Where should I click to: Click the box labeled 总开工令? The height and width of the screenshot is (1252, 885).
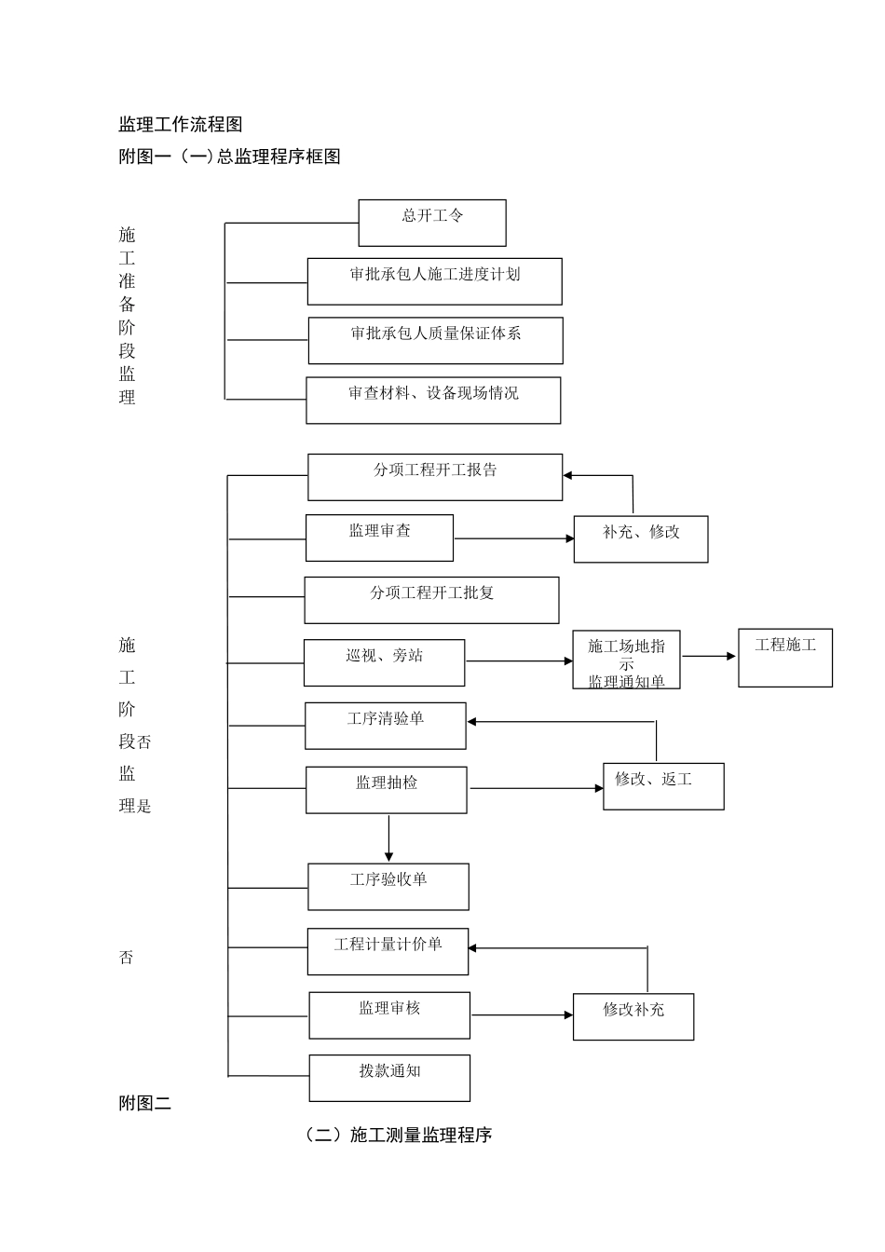click(x=432, y=223)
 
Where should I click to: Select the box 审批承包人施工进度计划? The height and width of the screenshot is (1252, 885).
click(x=435, y=281)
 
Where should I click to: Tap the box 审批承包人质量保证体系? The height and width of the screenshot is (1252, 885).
click(x=435, y=340)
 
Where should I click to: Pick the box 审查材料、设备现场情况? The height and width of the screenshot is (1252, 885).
click(x=433, y=401)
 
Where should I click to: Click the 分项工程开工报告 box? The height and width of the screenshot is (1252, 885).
click(x=435, y=477)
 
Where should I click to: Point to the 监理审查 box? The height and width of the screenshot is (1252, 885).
click(x=379, y=538)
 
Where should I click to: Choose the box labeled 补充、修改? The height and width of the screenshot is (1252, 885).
click(x=641, y=538)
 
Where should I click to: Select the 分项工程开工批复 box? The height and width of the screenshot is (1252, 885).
click(x=431, y=600)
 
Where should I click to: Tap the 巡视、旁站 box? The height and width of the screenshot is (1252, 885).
click(x=384, y=662)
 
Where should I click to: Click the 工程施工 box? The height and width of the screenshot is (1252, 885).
click(x=785, y=658)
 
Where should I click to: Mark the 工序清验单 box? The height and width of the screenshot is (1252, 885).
click(x=386, y=726)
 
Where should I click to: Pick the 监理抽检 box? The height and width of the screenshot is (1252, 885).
click(x=387, y=790)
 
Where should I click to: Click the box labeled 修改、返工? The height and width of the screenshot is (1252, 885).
click(x=663, y=786)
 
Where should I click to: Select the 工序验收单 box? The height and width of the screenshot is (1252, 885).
click(x=388, y=887)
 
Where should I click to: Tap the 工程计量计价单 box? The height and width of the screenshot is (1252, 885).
click(x=388, y=951)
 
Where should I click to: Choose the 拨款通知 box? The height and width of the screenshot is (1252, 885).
click(x=389, y=1078)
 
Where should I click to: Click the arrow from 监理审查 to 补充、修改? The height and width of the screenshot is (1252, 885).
click(x=513, y=538)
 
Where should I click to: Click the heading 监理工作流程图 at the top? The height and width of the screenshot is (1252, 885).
click(x=181, y=125)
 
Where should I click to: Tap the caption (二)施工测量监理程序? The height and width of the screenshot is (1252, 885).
click(x=398, y=1135)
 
